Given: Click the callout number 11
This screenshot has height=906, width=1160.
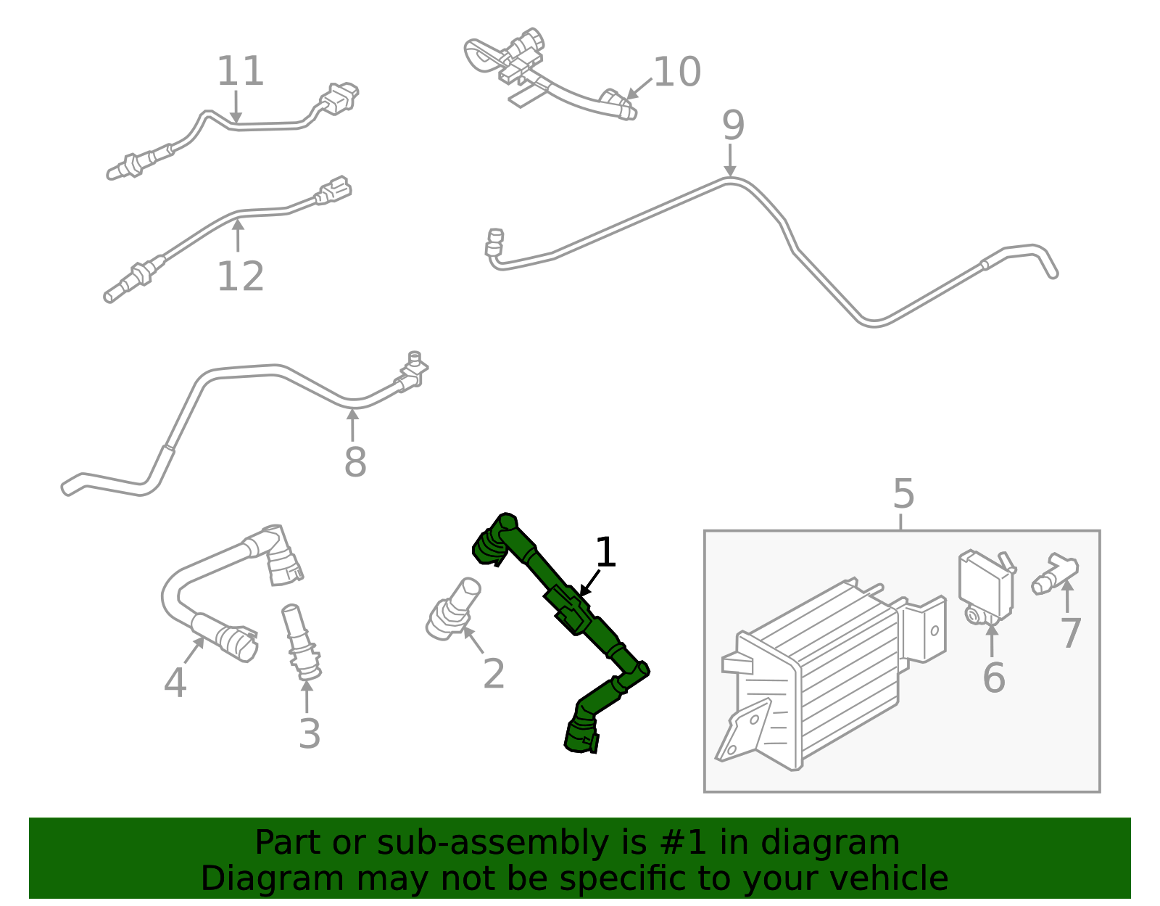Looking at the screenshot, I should [x=240, y=71].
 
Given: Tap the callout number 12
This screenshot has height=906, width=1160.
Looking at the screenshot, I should [x=240, y=276].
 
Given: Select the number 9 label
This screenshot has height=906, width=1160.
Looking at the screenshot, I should [x=733, y=125].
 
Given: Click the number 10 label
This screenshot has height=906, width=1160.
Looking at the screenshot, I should [x=676, y=72].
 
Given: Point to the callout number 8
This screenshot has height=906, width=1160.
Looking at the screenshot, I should [x=355, y=462].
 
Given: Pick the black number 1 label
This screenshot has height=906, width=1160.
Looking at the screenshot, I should [x=605, y=553].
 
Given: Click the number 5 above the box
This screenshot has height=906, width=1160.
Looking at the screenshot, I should [x=903, y=494].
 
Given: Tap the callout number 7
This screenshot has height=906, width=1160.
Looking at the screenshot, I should [x=1071, y=633].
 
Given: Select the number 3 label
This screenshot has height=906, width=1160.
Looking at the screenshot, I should [x=310, y=733].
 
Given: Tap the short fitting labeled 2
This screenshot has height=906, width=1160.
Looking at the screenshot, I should [x=452, y=609].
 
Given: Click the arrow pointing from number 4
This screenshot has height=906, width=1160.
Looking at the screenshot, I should [x=194, y=650].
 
